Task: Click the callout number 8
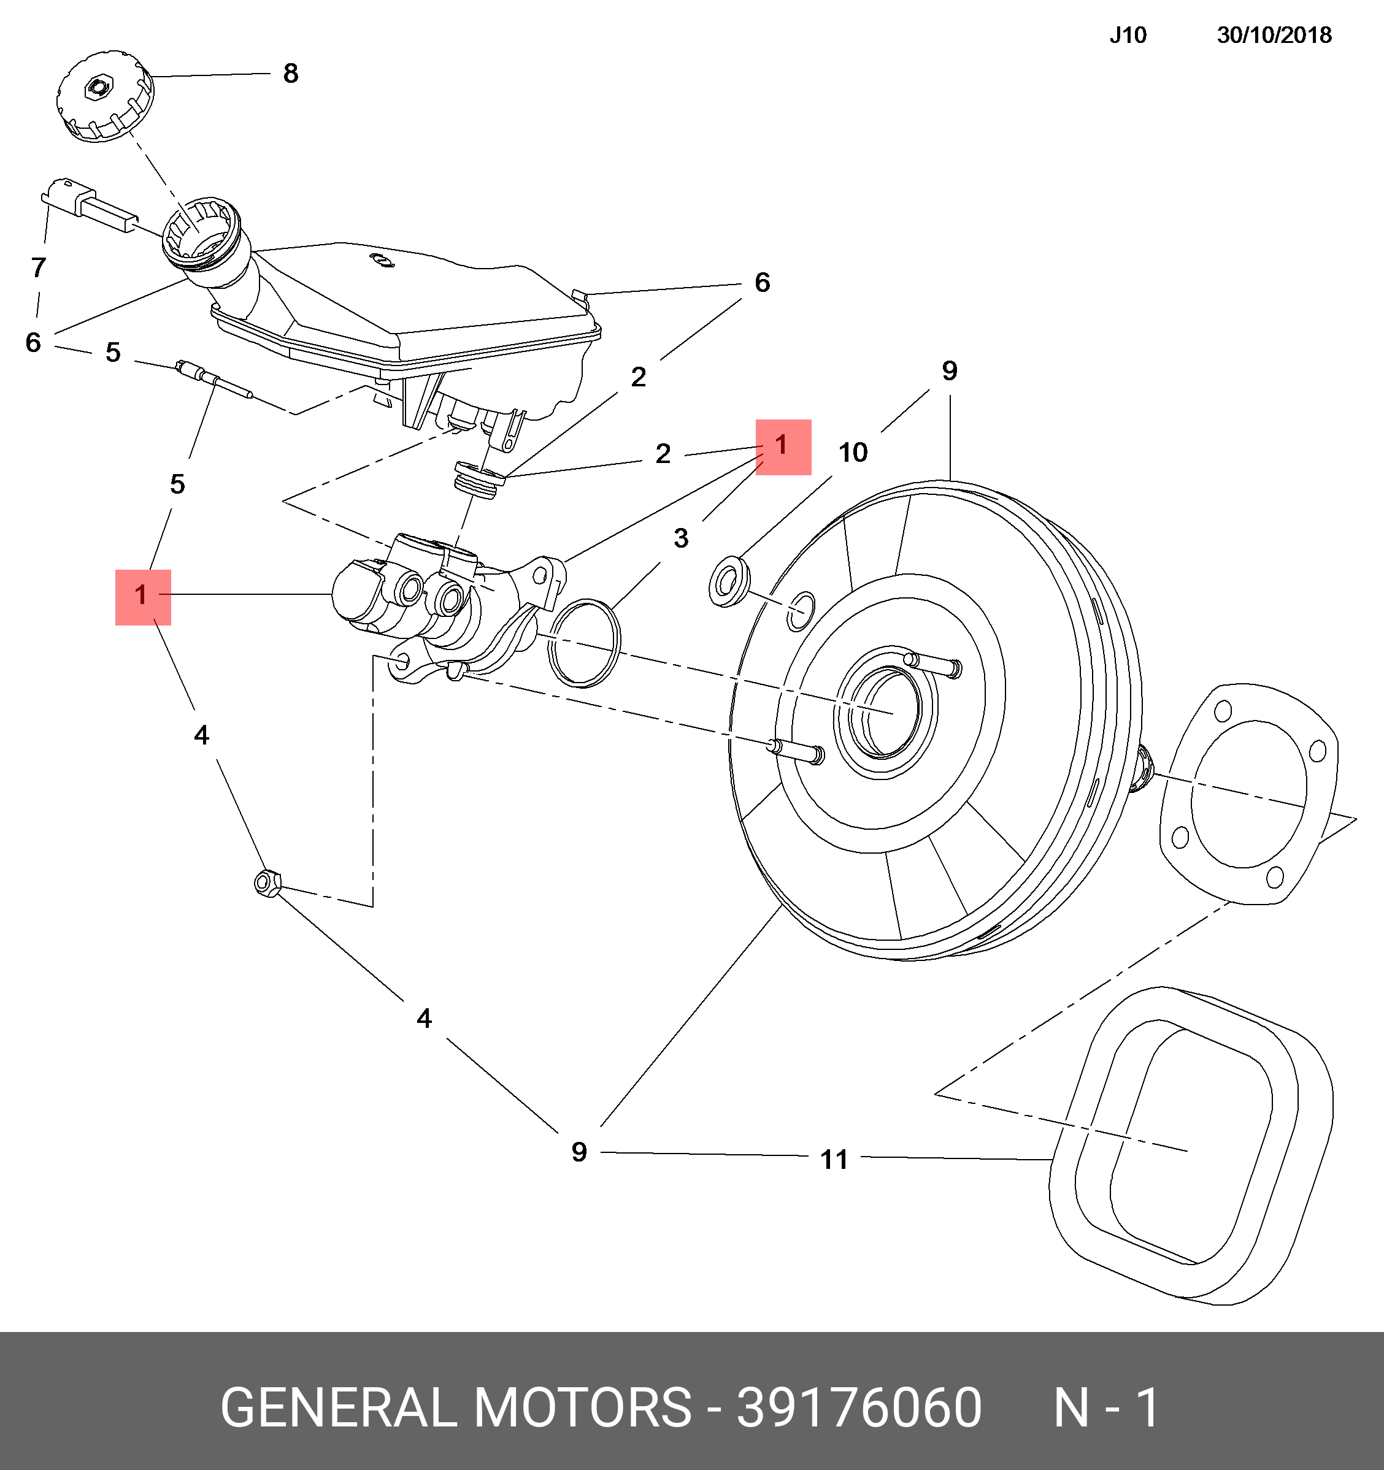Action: click(291, 73)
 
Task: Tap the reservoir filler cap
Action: click(105, 96)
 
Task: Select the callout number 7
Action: click(39, 267)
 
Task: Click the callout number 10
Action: click(852, 452)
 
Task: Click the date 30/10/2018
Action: click(1274, 35)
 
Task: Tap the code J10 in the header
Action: click(1128, 35)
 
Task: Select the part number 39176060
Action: click(859, 1407)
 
